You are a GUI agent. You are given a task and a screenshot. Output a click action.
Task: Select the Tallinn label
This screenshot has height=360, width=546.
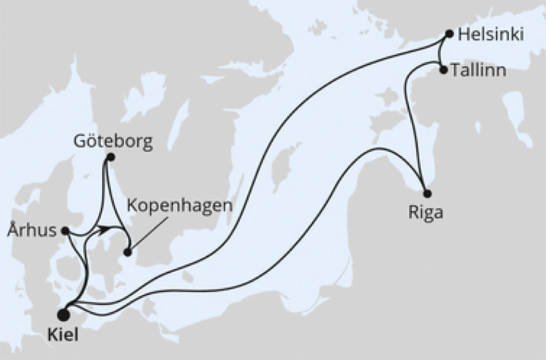[479, 70]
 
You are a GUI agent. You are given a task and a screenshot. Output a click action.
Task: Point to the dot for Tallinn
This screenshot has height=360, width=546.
[443, 69]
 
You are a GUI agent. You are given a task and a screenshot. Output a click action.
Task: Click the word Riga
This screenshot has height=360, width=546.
[425, 213]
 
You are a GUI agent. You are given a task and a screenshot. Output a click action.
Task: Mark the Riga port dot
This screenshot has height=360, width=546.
[427, 194]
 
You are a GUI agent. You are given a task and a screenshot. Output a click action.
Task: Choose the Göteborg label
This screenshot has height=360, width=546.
[113, 141]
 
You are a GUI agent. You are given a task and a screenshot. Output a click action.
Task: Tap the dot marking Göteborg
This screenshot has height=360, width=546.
[110, 157]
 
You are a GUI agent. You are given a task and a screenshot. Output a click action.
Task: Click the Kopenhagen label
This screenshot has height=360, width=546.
[178, 208]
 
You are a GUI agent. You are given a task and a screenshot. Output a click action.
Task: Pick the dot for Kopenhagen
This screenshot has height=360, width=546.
[128, 253]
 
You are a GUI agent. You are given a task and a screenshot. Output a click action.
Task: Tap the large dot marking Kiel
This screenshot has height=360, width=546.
[63, 314]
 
